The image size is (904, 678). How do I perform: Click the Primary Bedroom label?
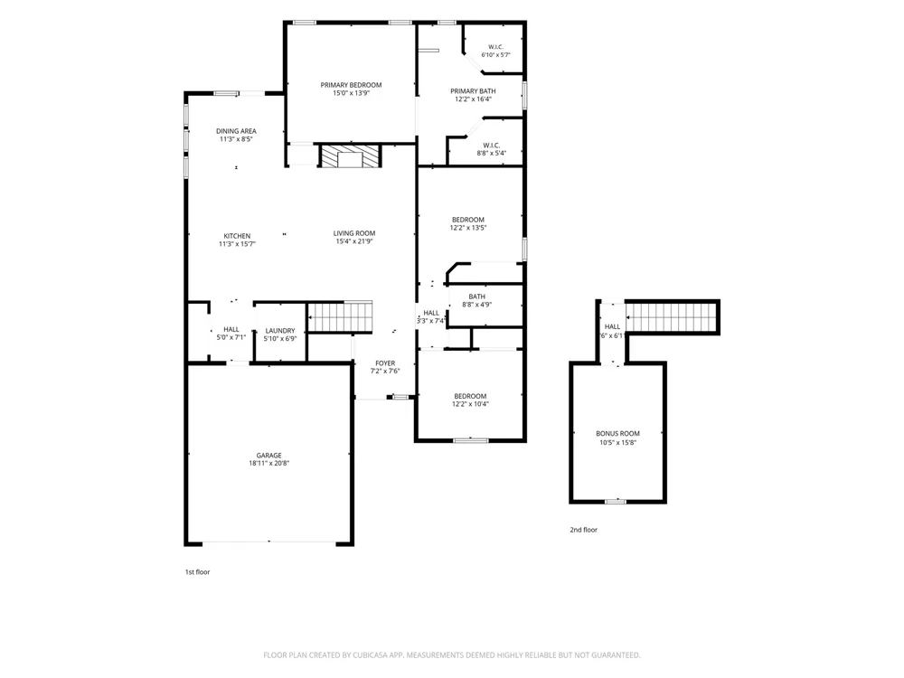click(351, 85)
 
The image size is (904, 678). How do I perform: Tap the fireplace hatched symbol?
click(351, 156)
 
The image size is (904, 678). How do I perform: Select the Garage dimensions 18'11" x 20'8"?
click(269, 463)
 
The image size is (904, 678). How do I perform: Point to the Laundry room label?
click(280, 330)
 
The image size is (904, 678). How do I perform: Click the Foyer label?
click(385, 363)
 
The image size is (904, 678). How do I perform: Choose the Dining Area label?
click(236, 131)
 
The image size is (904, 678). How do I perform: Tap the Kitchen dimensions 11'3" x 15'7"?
click(237, 244)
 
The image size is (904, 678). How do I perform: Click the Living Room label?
click(354, 233)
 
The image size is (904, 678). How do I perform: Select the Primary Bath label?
click(473, 91)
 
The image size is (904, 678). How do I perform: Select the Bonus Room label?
click(618, 434)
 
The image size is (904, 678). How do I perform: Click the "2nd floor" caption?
click(583, 530)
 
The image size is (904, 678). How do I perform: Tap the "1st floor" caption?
click(197, 572)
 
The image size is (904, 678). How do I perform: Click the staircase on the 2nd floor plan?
click(673, 317)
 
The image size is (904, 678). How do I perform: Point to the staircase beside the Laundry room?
click(340, 316)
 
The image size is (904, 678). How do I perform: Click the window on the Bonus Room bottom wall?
click(615, 502)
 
